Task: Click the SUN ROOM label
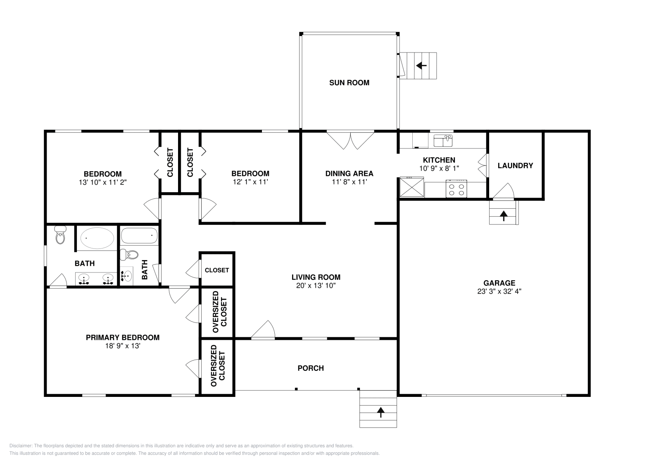[349, 83]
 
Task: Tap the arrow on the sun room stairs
[421, 65]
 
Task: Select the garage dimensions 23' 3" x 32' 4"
[499, 291]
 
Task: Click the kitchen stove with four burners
[456, 189]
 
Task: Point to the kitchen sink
[443, 140]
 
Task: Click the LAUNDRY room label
[515, 165]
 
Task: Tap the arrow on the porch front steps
[380, 411]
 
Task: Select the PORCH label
[311, 368]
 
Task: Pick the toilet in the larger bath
[61, 236]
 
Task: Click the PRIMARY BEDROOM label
[122, 337]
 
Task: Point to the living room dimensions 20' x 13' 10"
[316, 285]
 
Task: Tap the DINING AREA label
[349, 174]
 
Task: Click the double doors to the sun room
[350, 140]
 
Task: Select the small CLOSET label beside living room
[216, 270]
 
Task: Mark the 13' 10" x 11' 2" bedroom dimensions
[102, 182]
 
